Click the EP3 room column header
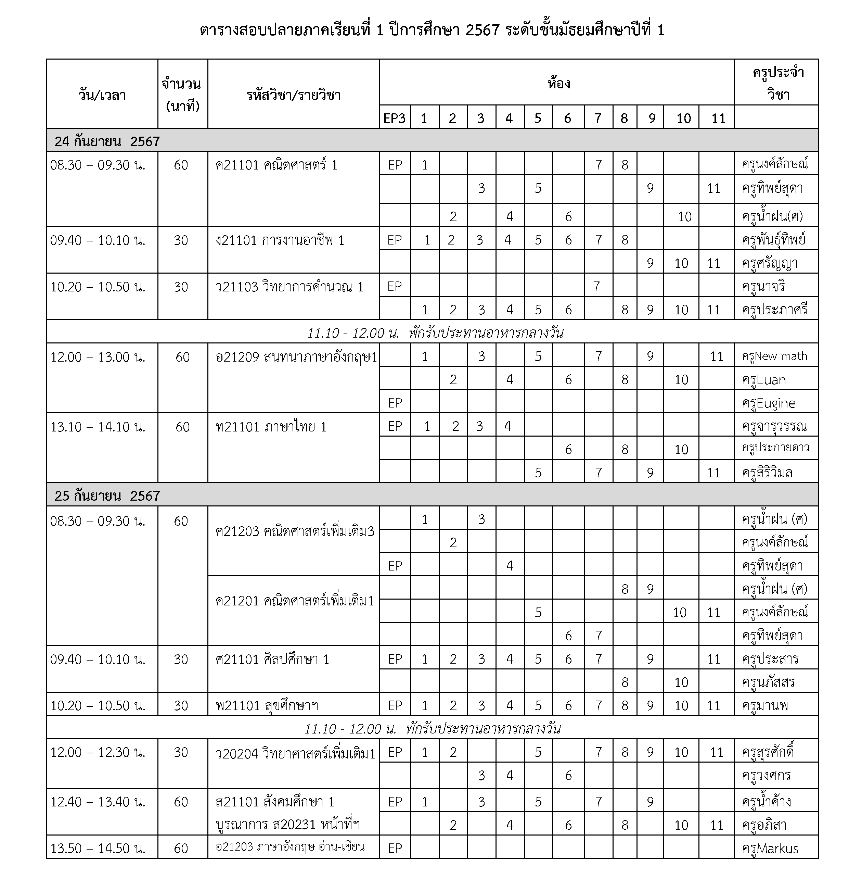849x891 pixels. pos(395,118)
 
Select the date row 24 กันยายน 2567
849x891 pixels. pos(107,141)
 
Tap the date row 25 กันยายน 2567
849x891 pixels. pos(107,496)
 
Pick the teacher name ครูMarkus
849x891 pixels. pos(770,849)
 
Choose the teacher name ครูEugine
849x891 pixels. pos(769,403)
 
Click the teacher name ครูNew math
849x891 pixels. pos(774,356)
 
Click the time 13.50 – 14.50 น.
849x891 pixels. pos(98,849)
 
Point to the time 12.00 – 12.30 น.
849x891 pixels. pos(98,752)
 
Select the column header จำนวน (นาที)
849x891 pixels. pos(182,94)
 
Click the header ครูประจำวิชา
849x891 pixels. pos(778,84)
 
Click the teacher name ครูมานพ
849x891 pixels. pos(765,706)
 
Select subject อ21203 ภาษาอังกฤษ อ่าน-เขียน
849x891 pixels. pos(290,847)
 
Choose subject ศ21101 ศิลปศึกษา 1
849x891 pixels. pos(272,659)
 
